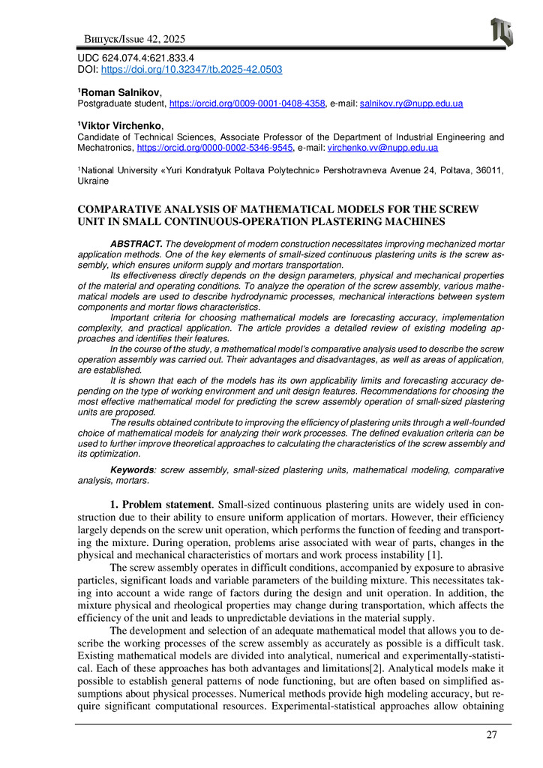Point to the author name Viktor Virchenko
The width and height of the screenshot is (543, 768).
(113, 125)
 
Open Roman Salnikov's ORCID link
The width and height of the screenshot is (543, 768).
(247, 104)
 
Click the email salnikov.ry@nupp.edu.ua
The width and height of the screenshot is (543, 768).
(411, 104)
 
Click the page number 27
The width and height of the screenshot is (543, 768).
(491, 734)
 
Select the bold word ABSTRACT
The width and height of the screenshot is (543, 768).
(135, 245)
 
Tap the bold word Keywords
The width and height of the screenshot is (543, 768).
(133, 469)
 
